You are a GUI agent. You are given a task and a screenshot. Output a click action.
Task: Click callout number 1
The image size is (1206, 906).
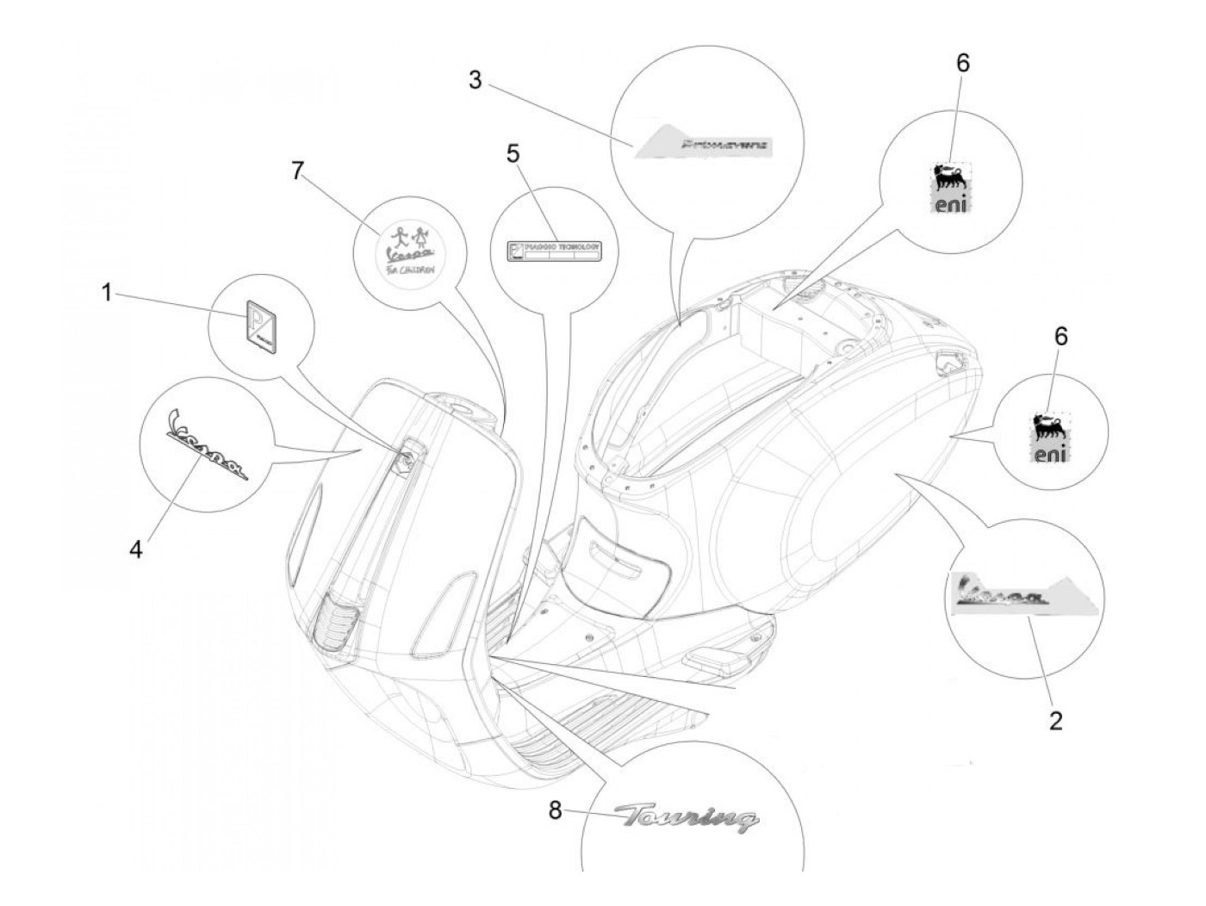click(107, 294)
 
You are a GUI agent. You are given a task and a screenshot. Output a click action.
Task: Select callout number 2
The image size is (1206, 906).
click(1055, 720)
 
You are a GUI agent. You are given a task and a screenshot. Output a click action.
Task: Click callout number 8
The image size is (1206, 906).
click(556, 810)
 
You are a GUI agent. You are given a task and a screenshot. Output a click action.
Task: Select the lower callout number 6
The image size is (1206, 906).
click(1060, 337)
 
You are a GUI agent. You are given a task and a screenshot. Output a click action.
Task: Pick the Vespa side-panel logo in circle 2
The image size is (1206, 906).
click(999, 596)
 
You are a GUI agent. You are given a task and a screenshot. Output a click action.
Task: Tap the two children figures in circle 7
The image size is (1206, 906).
click(409, 233)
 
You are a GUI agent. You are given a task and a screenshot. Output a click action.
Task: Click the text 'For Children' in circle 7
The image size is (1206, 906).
click(408, 268)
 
